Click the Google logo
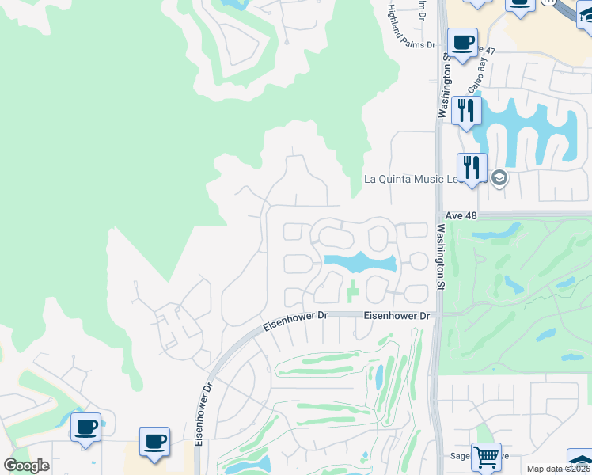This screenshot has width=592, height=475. click(26, 465)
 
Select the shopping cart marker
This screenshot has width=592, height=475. click(486, 455)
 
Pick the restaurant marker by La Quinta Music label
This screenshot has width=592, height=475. click(472, 168)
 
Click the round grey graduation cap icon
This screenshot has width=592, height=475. click(498, 177)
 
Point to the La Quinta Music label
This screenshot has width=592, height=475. click(404, 179)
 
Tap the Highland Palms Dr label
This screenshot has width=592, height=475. click(412, 27)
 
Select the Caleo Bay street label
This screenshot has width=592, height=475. click(481, 81)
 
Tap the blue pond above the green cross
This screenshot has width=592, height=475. click(358, 261)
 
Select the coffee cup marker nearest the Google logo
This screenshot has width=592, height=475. click(85, 427)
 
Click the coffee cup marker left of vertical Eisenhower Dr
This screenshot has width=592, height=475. click(154, 441)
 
